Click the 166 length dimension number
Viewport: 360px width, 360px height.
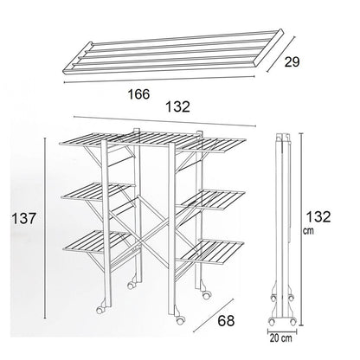tap(138, 94)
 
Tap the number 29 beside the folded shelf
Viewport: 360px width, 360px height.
tap(292, 62)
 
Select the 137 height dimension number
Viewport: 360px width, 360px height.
tap(23, 218)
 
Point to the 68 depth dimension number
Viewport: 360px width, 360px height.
tap(226, 320)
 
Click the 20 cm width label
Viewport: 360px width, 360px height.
tap(280, 338)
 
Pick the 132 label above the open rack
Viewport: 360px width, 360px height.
tap(177, 106)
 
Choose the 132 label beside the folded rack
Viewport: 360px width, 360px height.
tap(318, 216)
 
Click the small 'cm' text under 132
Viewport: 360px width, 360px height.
tap(308, 231)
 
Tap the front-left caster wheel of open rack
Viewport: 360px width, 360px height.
tap(100, 309)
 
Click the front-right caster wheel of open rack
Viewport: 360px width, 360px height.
tap(179, 319)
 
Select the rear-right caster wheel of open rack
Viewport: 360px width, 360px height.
tap(206, 295)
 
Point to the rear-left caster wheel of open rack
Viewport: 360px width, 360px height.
tap(132, 285)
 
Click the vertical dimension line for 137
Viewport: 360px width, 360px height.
tap(45, 228)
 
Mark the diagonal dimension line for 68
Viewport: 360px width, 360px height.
tap(213, 315)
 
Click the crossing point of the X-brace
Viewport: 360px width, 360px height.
tap(139, 241)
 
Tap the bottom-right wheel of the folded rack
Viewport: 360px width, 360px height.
tap(292, 321)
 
